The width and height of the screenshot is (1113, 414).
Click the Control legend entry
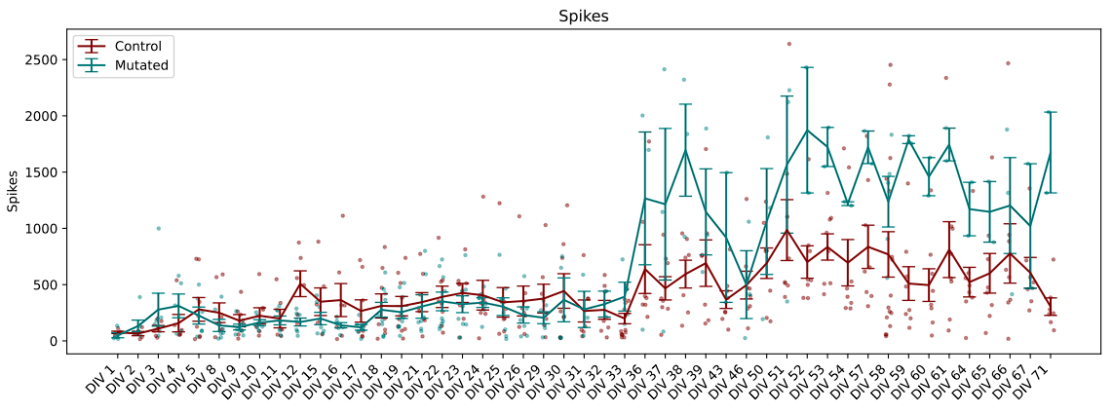[x=137, y=46]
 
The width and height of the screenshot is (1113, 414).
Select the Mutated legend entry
[x=141, y=66]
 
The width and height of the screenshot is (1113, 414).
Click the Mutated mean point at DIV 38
[x=685, y=150]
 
